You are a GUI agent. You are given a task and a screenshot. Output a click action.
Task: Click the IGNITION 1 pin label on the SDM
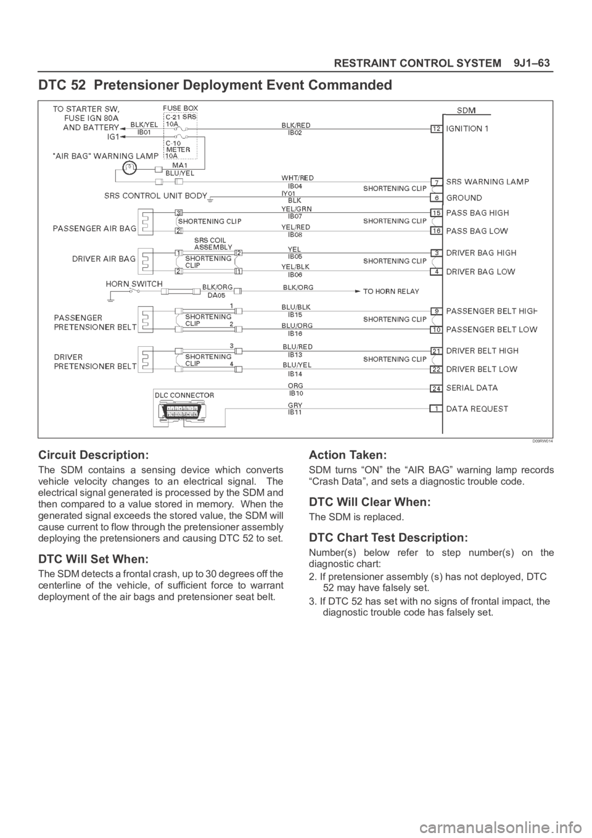(x=467, y=129)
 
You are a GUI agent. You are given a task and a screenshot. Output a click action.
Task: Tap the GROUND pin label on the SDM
(x=464, y=198)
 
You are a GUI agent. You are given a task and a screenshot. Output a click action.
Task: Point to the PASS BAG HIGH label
(x=477, y=212)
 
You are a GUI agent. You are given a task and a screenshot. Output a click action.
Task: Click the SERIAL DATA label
(x=472, y=388)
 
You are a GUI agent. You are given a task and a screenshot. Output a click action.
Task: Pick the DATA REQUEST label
(x=477, y=409)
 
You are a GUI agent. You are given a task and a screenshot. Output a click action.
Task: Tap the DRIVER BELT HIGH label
(x=482, y=351)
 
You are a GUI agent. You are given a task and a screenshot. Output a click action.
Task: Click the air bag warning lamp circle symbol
(x=129, y=165)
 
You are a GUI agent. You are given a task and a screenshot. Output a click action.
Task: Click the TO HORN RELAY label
(x=391, y=291)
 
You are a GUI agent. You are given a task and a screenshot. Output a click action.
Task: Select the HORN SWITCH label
(x=134, y=283)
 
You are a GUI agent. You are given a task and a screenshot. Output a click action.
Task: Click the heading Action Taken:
(x=347, y=455)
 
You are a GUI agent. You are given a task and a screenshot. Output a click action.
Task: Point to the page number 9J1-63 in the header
(x=532, y=64)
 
